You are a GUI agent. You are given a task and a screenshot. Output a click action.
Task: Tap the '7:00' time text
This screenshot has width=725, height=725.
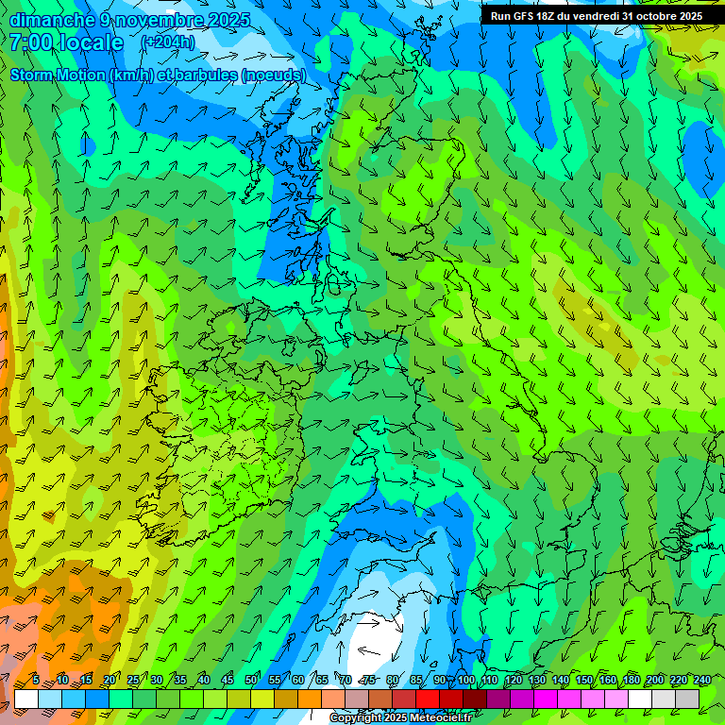coord(31,42)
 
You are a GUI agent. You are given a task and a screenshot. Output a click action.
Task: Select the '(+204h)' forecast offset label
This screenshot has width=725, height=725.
coord(168,42)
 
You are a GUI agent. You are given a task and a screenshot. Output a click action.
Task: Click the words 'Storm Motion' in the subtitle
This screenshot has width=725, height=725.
coord(58,75)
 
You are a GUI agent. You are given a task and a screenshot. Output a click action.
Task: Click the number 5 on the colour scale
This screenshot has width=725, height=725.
coord(36,681)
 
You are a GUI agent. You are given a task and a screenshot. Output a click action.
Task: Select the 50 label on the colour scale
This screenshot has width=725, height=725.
coord(251,681)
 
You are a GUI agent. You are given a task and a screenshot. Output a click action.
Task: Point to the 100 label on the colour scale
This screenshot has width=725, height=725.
coord(466,681)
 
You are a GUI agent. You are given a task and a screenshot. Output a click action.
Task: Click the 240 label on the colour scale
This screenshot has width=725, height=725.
coord(702,681)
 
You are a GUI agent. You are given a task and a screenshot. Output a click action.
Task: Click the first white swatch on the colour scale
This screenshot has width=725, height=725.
coord(26,699)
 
